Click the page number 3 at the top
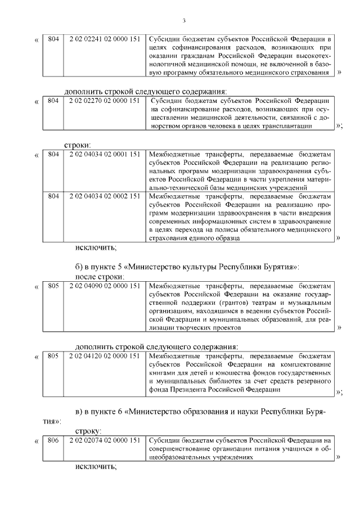[x=184, y=21]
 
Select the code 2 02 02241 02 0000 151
[x=104, y=39]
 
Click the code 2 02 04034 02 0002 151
[x=104, y=196]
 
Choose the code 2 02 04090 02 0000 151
[x=104, y=286]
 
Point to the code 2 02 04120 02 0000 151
[x=104, y=356]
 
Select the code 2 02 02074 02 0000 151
[x=104, y=440]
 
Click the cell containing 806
[x=53, y=440]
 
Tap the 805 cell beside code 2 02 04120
[x=53, y=356]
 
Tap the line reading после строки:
[x=99, y=277]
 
